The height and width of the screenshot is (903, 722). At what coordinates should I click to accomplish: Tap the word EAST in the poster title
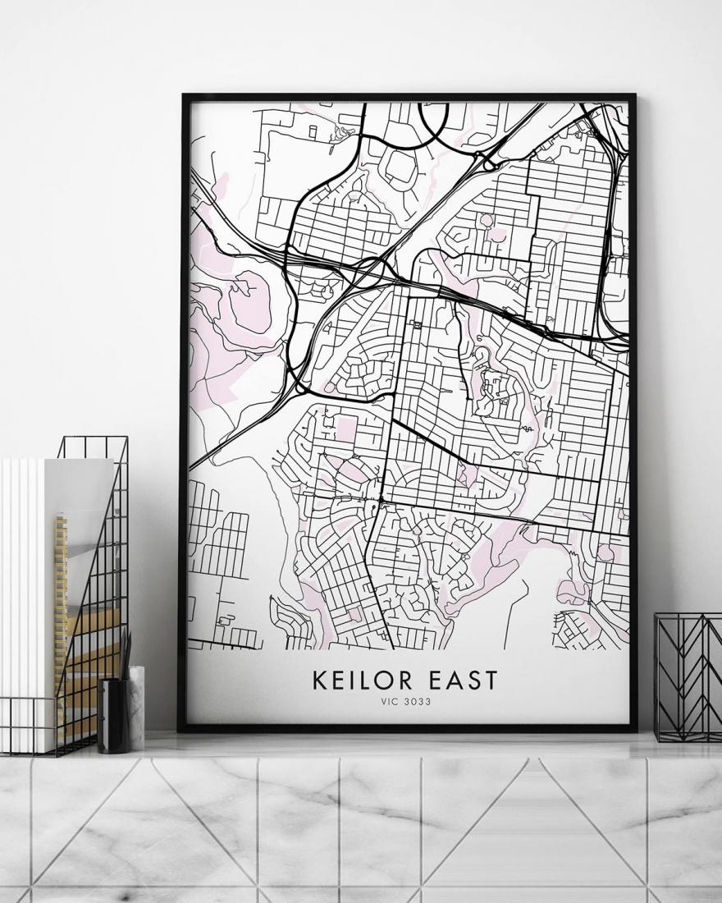tap(461, 680)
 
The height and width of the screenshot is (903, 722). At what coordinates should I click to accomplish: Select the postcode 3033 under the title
tap(417, 702)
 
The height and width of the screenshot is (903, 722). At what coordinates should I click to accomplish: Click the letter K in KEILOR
tap(318, 680)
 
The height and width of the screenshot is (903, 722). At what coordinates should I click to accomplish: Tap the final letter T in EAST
tap(491, 680)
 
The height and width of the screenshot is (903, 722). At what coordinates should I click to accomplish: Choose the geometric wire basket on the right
tap(688, 677)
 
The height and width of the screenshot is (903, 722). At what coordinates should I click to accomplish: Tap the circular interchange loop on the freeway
tap(375, 271)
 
